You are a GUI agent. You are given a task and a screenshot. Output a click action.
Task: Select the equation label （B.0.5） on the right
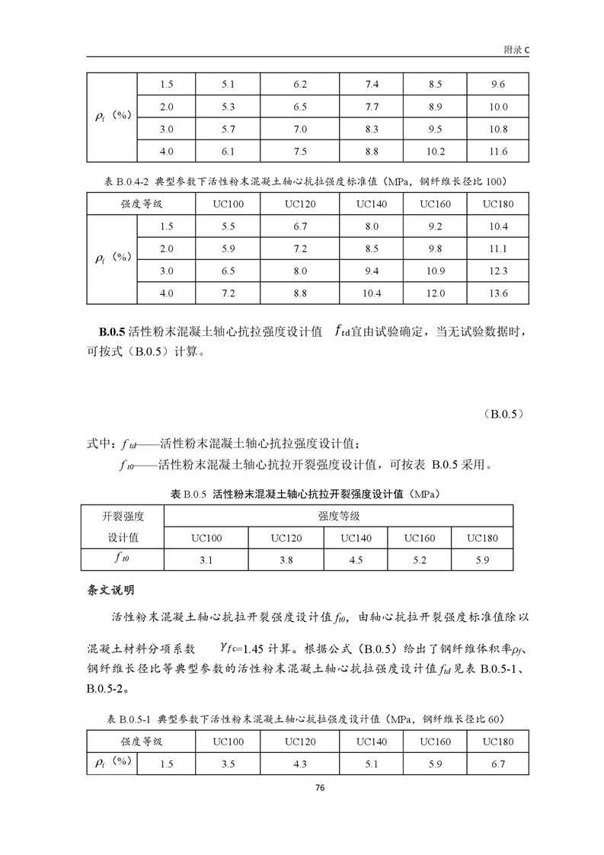tap(503, 415)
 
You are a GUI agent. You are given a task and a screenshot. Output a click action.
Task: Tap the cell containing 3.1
tap(206, 560)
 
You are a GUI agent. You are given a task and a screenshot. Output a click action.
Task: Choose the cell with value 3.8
tap(286, 560)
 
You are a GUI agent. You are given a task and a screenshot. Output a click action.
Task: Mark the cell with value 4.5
tap(356, 560)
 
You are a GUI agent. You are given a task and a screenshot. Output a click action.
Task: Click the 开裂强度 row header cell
tap(123, 516)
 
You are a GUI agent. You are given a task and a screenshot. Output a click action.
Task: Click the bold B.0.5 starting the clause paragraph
tap(113, 332)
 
